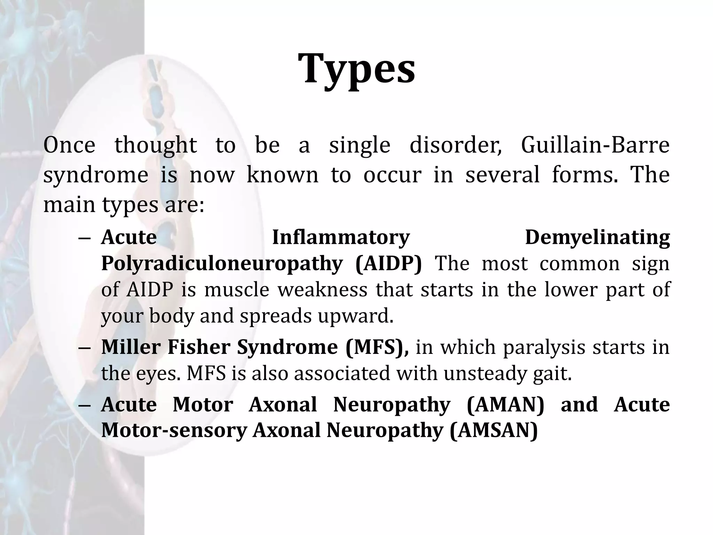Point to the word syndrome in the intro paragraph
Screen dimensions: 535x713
(x=96, y=175)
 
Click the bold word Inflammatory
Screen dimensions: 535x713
(x=341, y=238)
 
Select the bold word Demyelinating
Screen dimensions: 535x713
(x=597, y=238)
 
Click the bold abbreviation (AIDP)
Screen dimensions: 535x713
(x=389, y=264)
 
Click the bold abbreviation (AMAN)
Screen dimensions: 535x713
(x=505, y=404)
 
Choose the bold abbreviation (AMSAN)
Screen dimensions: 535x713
(x=494, y=431)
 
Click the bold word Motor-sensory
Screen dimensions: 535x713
(x=174, y=431)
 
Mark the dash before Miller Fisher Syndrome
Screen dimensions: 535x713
(x=85, y=348)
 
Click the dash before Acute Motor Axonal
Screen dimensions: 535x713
(x=85, y=405)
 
